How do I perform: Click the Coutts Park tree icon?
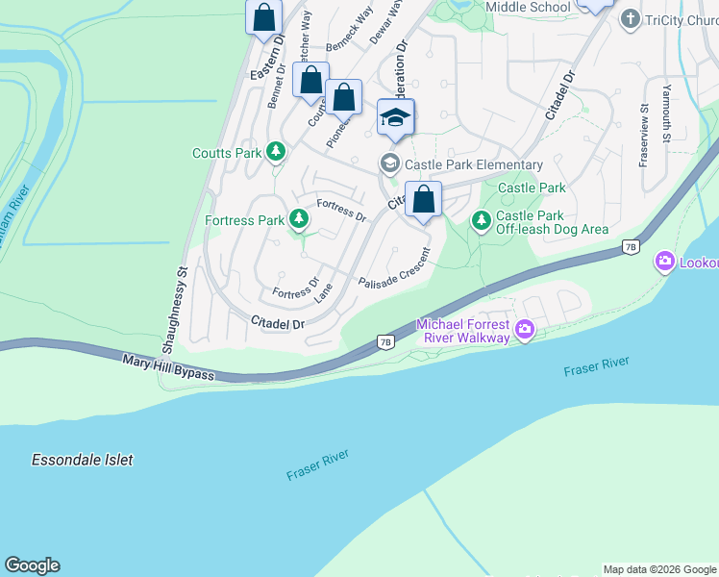pos(276,152)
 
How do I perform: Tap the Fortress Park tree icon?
pos(299,220)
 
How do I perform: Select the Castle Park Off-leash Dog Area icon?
pos(481,221)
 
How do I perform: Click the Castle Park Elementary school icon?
pos(389,163)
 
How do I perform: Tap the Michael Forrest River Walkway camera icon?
pos(524,330)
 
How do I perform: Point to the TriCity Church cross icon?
pos(631,18)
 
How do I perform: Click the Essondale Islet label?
pos(82,460)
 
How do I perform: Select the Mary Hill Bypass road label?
pos(168,365)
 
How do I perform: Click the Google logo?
pos(32,565)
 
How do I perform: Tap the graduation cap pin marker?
pos(395,117)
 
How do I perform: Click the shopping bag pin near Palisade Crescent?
pos(423,200)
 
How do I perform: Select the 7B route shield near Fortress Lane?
pos(385,341)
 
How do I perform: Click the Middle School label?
pos(528,7)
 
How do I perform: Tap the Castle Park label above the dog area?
pos(531,188)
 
